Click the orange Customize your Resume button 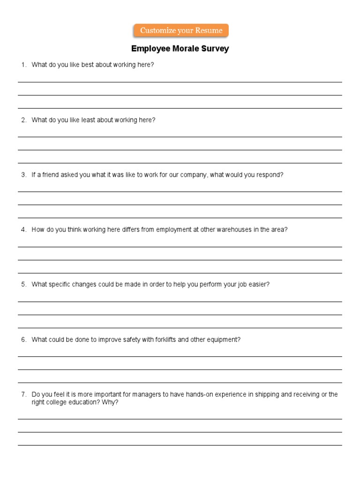(181, 31)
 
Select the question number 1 (23, 65)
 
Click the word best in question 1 (88, 65)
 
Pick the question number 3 (23, 175)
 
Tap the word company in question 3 (193, 175)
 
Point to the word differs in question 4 (133, 230)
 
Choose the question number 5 (23, 285)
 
